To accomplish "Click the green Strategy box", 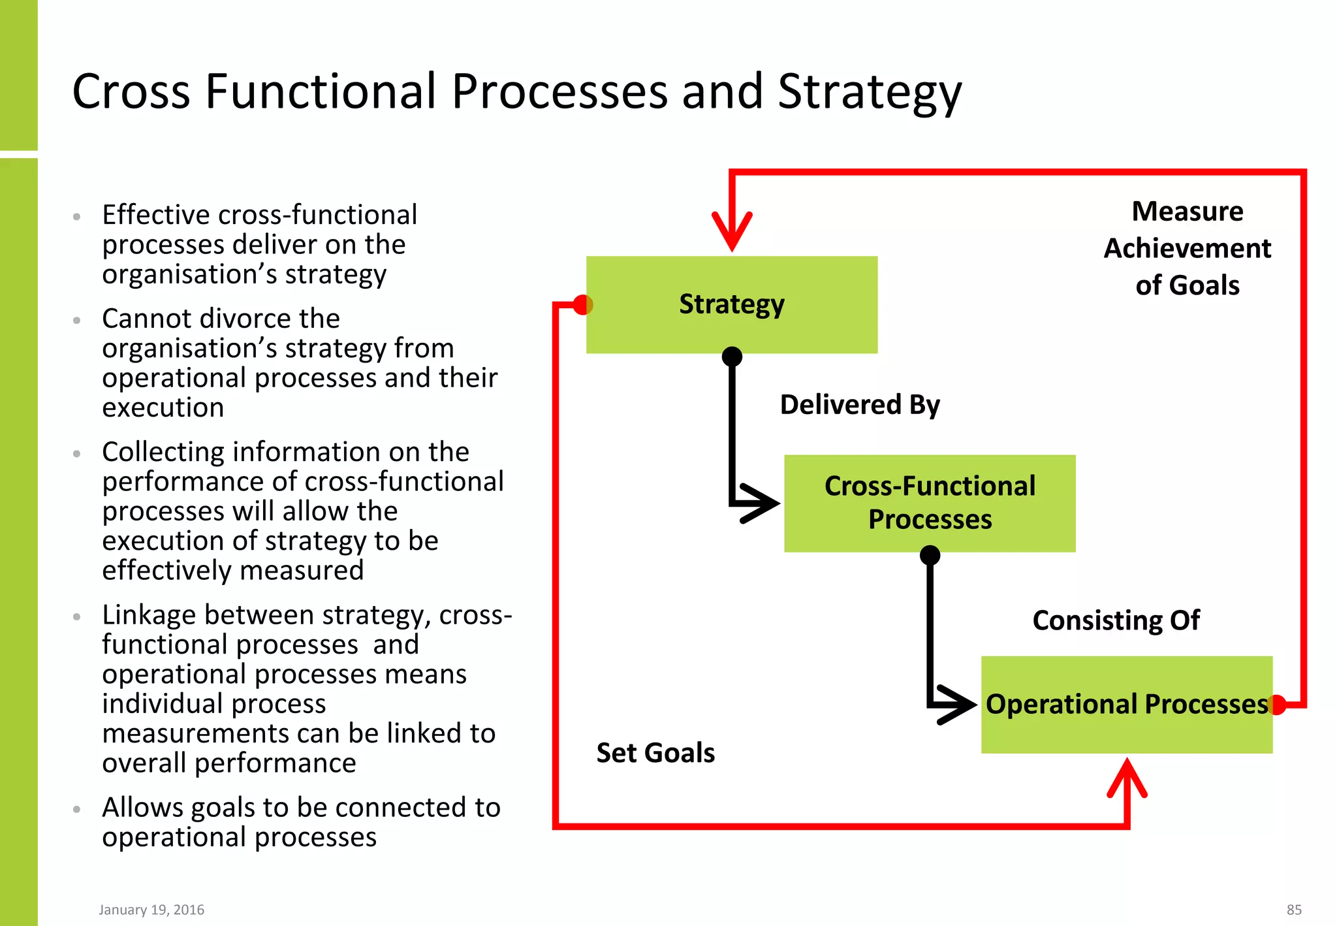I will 731,304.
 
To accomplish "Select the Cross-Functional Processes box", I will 929,503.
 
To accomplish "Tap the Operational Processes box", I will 1126,704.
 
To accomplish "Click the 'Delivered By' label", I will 860,405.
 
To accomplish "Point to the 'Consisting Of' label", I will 1116,620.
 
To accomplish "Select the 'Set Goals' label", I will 655,753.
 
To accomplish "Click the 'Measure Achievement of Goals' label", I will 1187,248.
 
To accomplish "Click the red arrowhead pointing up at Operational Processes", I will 1127,777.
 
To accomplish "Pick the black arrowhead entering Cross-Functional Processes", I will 761,503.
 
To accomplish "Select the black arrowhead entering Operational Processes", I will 958,705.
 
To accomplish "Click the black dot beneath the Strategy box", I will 732,357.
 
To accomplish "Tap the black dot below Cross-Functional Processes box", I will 930,556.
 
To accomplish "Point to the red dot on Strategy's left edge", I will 582,304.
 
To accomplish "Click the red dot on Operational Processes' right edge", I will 1277,705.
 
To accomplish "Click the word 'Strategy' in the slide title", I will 870,92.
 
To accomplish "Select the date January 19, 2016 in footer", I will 151,910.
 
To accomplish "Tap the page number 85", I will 1294,910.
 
